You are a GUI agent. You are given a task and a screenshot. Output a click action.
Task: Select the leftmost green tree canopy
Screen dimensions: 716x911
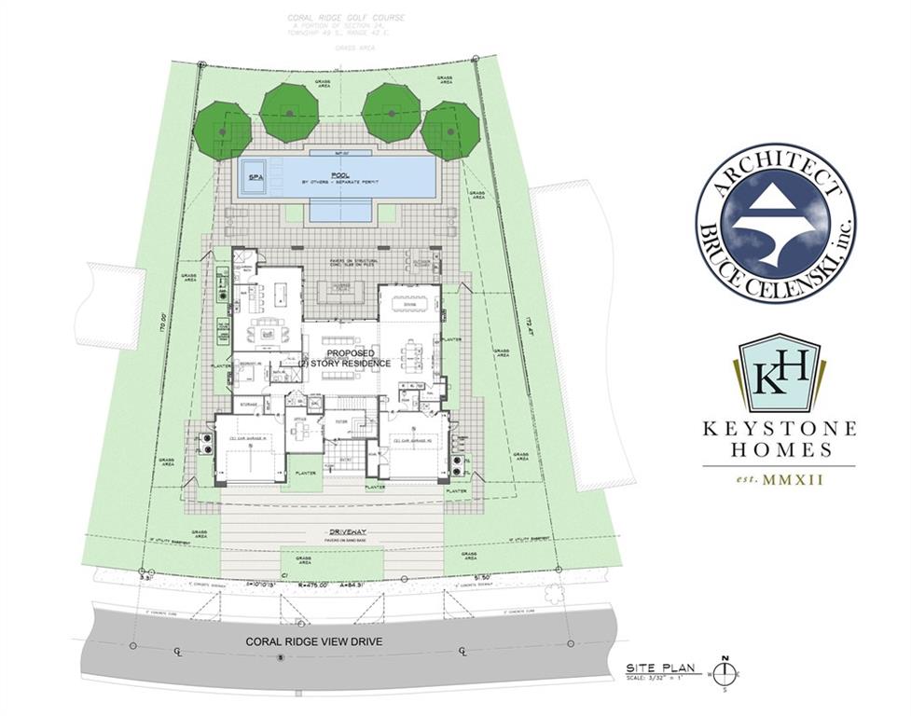[223, 131]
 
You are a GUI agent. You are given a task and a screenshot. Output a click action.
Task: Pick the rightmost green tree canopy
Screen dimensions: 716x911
[449, 131]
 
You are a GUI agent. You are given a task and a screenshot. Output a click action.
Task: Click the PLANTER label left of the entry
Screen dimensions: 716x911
[303, 474]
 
